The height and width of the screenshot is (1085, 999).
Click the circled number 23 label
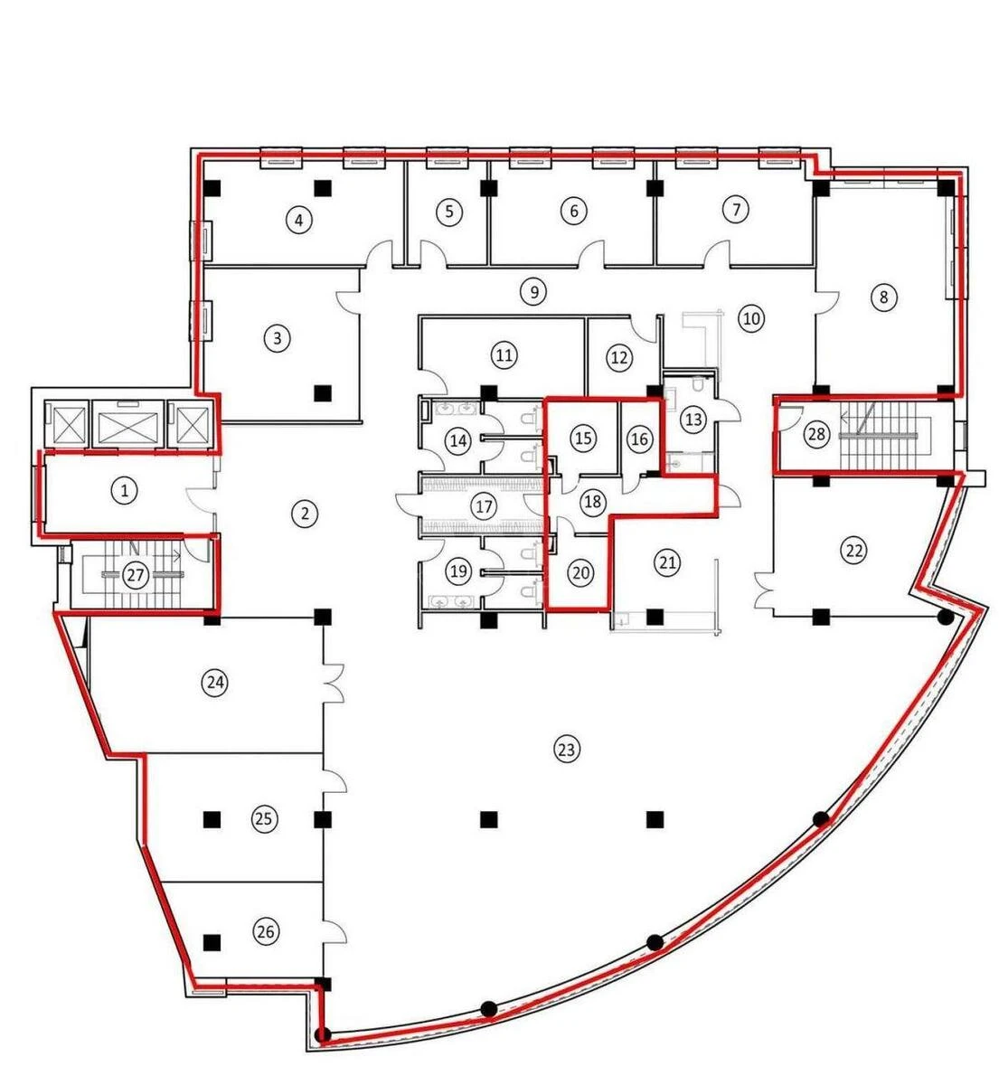pos(566,749)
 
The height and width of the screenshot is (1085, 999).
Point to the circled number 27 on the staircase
pos(136,576)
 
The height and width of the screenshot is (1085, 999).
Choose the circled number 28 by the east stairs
pos(816,435)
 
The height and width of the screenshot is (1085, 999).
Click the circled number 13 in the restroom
pos(693,420)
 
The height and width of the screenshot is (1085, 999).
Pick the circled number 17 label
pos(485,505)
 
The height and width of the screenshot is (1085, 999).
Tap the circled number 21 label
pos(667,563)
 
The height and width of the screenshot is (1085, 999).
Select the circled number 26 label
pos(265,931)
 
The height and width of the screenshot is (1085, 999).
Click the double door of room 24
pos(335,682)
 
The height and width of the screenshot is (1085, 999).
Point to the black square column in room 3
pos(321,392)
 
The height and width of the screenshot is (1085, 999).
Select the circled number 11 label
pos(504,355)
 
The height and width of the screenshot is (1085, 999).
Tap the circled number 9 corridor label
pos(533,291)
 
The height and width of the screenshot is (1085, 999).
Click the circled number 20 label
pos(581,572)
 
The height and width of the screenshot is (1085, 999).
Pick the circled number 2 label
pos(306,514)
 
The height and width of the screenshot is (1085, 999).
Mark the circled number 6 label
pos(573,212)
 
